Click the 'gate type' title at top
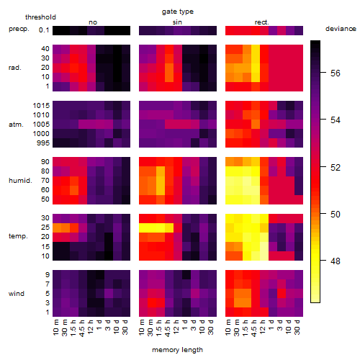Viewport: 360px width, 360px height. pyautogui.click(x=178, y=12)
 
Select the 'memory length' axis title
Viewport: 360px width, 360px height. pyautogui.click(x=177, y=350)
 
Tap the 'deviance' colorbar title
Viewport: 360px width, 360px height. pyautogui.click(x=341, y=29)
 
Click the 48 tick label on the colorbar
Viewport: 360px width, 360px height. pyautogui.click(x=335, y=261)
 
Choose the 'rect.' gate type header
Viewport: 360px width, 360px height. pyautogui.click(x=261, y=22)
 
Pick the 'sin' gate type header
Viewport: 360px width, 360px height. pyautogui.click(x=177, y=22)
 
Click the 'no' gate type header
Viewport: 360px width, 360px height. pyautogui.click(x=93, y=22)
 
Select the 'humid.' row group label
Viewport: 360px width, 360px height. pyautogui.click(x=20, y=181)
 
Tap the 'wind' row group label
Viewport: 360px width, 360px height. pyautogui.click(x=17, y=294)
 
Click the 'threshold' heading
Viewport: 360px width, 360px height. pyautogui.click(x=40, y=17)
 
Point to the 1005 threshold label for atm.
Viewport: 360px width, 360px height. pyautogui.click(x=41, y=125)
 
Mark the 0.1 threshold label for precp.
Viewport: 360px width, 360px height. pyautogui.click(x=44, y=30)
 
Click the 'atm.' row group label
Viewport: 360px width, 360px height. pyautogui.click(x=16, y=125)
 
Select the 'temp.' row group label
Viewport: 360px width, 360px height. pyautogui.click(x=18, y=236)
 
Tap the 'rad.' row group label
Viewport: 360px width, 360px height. pyautogui.click(x=15, y=68)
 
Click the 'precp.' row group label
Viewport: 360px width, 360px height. pyautogui.click(x=19, y=29)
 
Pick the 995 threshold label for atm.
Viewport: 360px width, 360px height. pyautogui.click(x=43, y=143)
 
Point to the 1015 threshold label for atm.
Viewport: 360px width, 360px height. pyautogui.click(x=41, y=106)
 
